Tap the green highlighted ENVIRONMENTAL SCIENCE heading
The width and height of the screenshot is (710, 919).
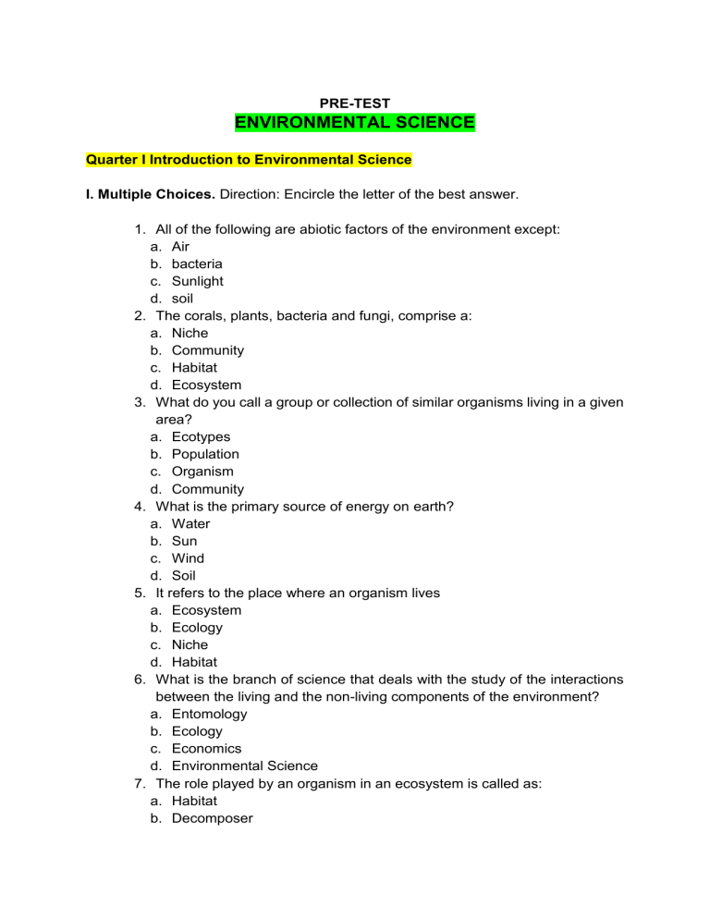pyautogui.click(x=354, y=123)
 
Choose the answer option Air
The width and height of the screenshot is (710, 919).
pyautogui.click(x=180, y=246)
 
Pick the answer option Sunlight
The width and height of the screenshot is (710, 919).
pyautogui.click(x=197, y=281)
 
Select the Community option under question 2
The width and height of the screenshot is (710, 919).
pyautogui.click(x=208, y=350)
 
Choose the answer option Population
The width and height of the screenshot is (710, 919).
pyautogui.click(x=205, y=454)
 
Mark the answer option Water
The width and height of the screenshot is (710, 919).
pyautogui.click(x=190, y=541)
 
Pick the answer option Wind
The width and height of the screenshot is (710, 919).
pyautogui.click(x=188, y=558)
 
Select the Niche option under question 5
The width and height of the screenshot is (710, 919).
pyautogui.click(x=190, y=644)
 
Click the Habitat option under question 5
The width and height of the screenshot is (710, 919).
pyautogui.click(x=195, y=662)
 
